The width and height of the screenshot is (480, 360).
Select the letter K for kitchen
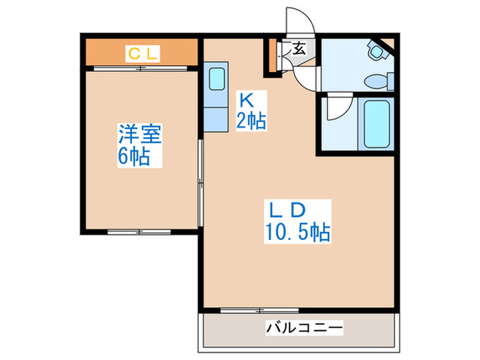(x=245, y=99)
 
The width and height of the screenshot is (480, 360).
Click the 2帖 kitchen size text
(x=252, y=122)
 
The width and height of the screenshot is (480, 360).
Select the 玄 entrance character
(x=299, y=49)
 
